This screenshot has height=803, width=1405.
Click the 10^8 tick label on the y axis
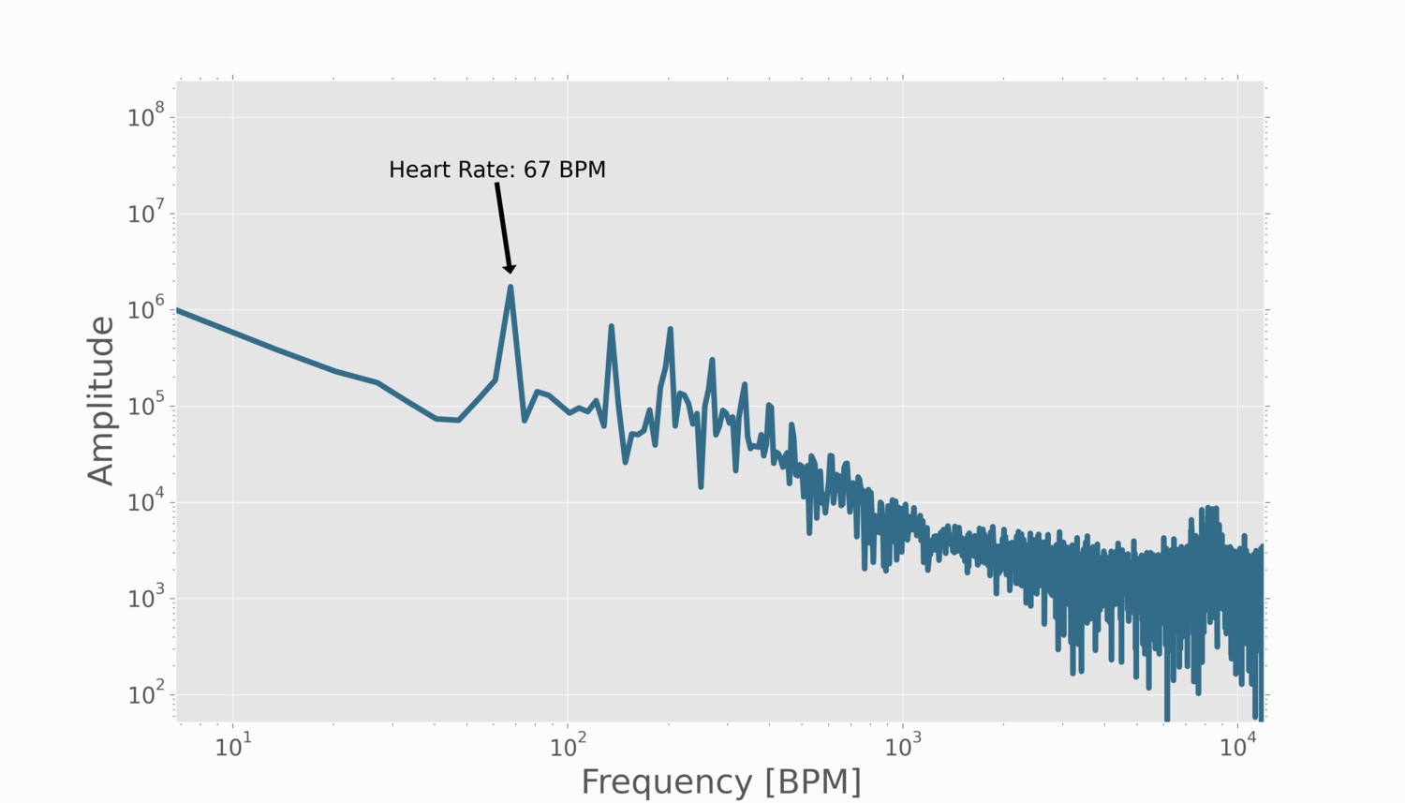click(146, 117)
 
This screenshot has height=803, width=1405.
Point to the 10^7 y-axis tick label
click(146, 214)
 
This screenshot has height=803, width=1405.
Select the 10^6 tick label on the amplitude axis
click(146, 309)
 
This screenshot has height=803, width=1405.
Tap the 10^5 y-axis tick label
click(146, 406)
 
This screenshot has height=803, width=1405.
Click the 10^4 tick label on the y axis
click(146, 502)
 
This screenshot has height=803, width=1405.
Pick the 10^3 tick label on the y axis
click(146, 598)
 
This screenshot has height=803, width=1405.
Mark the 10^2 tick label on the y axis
click(146, 694)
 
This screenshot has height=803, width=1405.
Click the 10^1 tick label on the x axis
click(233, 746)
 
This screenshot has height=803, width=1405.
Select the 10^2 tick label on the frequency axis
click(568, 746)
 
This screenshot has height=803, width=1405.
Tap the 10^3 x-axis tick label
click(903, 746)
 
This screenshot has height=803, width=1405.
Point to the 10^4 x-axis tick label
click(1238, 746)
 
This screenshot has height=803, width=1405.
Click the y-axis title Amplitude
click(101, 400)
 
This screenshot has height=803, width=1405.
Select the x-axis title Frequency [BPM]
click(720, 781)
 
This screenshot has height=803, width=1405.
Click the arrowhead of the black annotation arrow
click(510, 269)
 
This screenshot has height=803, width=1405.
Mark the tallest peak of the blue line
click(510, 287)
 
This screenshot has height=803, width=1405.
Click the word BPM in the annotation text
click(583, 170)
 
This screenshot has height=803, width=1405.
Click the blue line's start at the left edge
click(178, 309)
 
